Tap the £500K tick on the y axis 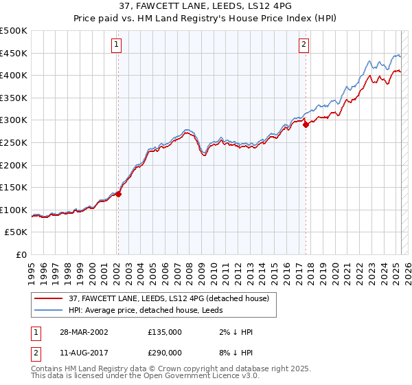14,31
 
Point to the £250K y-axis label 14,142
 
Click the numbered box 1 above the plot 117,45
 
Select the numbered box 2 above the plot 304,45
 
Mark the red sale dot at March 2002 118,195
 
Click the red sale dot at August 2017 306,125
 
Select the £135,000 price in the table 165,332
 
